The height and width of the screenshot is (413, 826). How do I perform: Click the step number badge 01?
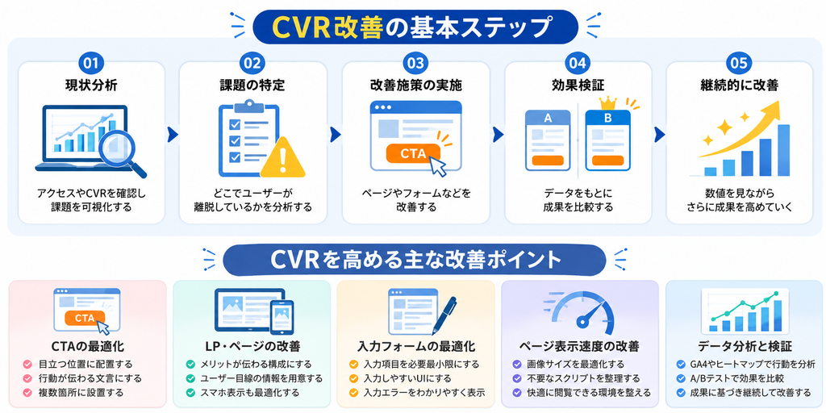tap(91, 63)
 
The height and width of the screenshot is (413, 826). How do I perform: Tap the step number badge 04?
tap(577, 63)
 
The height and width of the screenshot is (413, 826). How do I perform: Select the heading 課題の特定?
tap(253, 85)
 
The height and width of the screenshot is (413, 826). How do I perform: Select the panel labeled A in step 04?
tap(548, 140)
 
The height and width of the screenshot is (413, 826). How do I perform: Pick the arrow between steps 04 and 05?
tap(659, 135)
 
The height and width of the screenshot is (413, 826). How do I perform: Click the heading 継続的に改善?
tap(739, 85)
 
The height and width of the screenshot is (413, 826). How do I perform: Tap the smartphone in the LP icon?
tap(282, 317)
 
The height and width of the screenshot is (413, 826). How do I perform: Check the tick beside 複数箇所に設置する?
tap(27, 393)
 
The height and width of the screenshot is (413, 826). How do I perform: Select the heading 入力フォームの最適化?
tap(416, 347)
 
